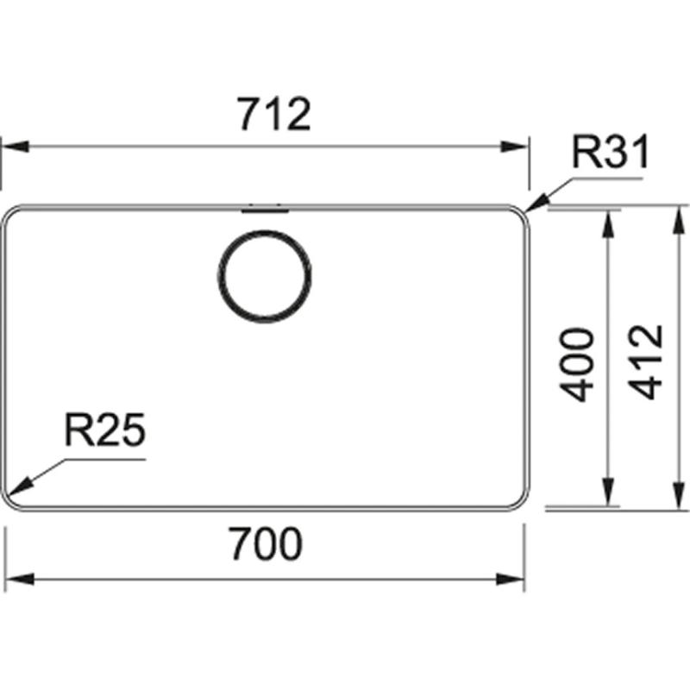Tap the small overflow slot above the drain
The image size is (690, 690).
265,207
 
